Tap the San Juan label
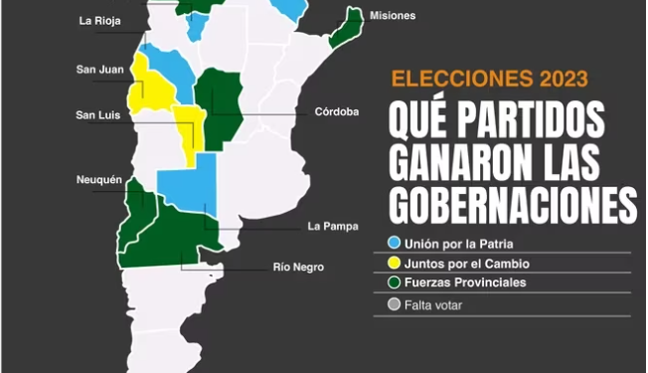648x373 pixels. (x=99, y=69)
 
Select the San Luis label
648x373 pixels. (x=98, y=115)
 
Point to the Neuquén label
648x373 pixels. (x=98, y=180)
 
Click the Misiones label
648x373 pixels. (x=392, y=16)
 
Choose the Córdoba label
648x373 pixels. (x=335, y=111)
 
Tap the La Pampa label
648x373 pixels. (x=333, y=226)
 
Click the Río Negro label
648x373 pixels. (x=299, y=267)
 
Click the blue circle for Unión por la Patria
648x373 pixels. (x=395, y=243)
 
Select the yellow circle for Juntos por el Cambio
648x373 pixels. (x=395, y=264)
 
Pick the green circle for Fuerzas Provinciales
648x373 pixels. (x=395, y=283)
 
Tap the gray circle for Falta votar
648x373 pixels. (x=395, y=305)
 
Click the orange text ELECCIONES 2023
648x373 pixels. (x=488, y=79)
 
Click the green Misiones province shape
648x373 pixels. (x=345, y=27)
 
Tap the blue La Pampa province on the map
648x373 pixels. (x=189, y=189)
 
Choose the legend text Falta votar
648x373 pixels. (x=433, y=305)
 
